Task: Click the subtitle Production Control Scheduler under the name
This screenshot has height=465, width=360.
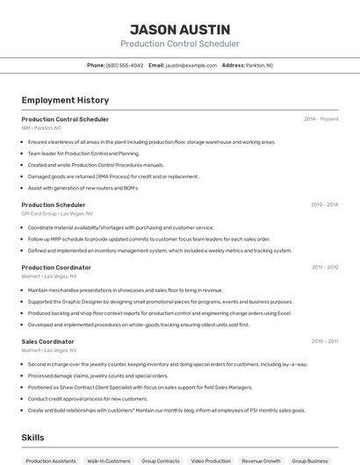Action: [x=179, y=44]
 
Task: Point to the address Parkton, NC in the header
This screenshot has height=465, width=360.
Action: [x=260, y=65]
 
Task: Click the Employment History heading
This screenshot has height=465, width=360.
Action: [x=65, y=100]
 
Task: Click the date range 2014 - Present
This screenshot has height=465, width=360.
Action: [x=320, y=119]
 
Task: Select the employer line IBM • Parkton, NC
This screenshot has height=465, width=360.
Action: [x=41, y=127]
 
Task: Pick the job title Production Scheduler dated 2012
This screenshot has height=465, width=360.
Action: [x=54, y=204]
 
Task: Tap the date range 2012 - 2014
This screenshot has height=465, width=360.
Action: [x=324, y=204]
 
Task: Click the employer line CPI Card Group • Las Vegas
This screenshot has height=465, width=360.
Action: [x=57, y=213]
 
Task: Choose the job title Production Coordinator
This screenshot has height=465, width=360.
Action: [x=56, y=268]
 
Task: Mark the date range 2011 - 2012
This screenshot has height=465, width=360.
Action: [x=325, y=268]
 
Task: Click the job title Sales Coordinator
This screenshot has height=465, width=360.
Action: [x=47, y=341]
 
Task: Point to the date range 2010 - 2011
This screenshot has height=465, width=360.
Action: [x=325, y=341]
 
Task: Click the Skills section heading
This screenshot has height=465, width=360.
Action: [x=33, y=436]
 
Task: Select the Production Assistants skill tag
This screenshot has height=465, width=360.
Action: [x=50, y=461]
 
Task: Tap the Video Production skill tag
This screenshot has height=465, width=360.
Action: [x=211, y=461]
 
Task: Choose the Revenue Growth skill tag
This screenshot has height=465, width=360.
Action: [x=261, y=461]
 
